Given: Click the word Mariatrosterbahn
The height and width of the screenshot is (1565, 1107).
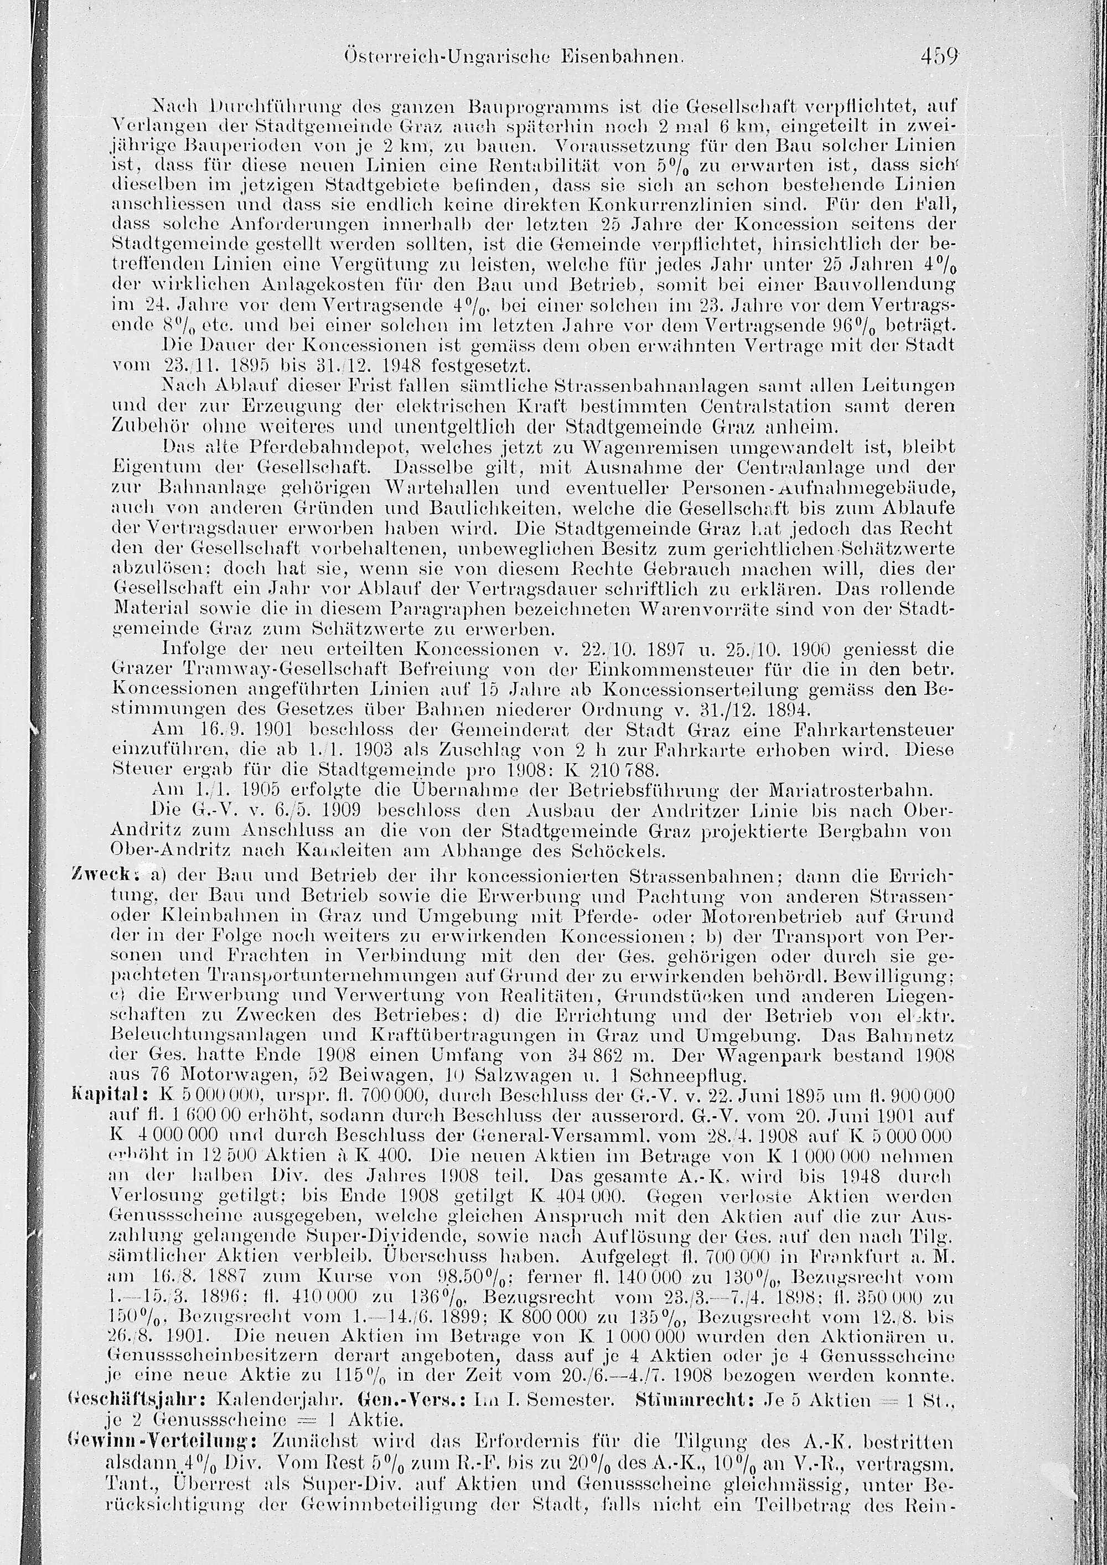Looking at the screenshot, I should tap(847, 792).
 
